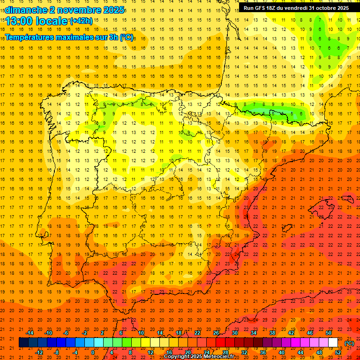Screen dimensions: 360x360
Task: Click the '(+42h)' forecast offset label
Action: [x=81, y=21]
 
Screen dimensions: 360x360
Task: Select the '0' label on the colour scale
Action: [x=93, y=352]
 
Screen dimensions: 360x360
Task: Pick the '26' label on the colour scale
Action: [x=216, y=333]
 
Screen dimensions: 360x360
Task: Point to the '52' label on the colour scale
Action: [x=338, y=352]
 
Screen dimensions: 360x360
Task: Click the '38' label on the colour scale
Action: [x=272, y=333]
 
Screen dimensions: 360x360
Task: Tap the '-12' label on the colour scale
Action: [x=39, y=352]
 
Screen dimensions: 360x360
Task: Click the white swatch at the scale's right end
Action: [x=333, y=343]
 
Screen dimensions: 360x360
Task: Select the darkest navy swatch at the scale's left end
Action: [x=23, y=343]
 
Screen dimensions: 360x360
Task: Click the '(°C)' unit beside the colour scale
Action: [x=349, y=343]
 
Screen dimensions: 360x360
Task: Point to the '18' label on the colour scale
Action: [x=179, y=333]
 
